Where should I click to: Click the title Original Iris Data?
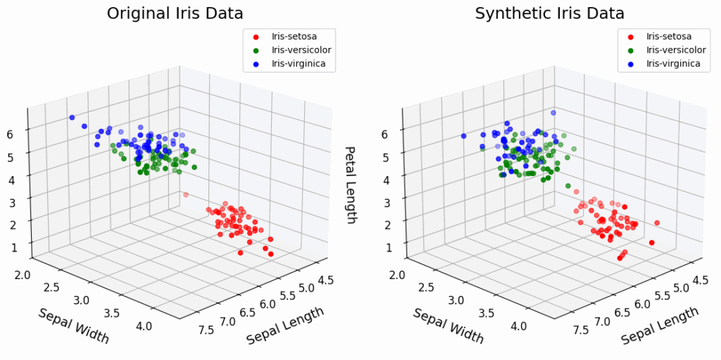(x=175, y=13)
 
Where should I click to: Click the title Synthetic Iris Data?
(x=550, y=13)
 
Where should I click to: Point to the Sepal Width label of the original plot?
(x=74, y=325)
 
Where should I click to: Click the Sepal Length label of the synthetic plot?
(x=659, y=325)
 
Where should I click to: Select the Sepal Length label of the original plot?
(x=284, y=325)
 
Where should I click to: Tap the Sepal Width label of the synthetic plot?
(x=449, y=325)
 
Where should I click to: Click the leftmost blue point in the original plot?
(x=72, y=118)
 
